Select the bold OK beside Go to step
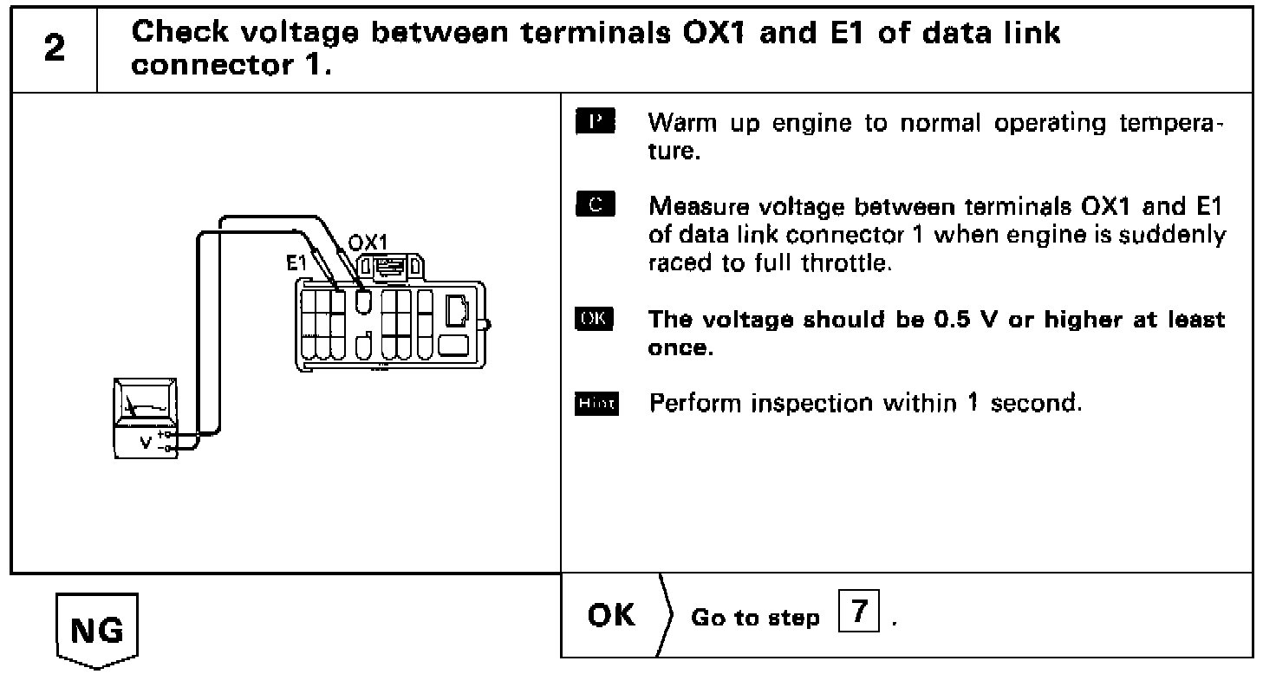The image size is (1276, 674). click(x=611, y=616)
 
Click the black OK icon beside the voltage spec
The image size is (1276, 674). click(x=594, y=320)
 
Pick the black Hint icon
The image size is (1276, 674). click(x=595, y=405)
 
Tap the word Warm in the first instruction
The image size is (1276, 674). click(x=678, y=124)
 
